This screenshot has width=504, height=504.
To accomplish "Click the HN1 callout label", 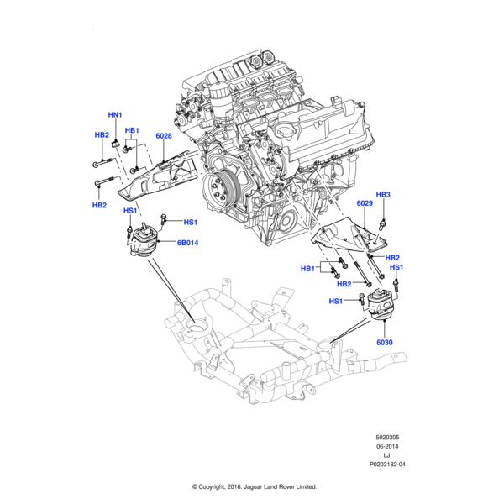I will (115, 114).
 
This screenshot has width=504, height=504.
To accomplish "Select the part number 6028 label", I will (163, 135).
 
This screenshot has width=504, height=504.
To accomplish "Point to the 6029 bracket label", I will (364, 203).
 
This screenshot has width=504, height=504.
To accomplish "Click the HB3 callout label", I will (383, 195).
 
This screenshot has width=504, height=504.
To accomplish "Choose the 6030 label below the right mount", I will (385, 342).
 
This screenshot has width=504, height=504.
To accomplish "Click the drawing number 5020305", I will (391, 437).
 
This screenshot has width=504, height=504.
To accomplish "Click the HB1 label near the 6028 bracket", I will (132, 131).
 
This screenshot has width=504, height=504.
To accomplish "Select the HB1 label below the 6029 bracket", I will (308, 269).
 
